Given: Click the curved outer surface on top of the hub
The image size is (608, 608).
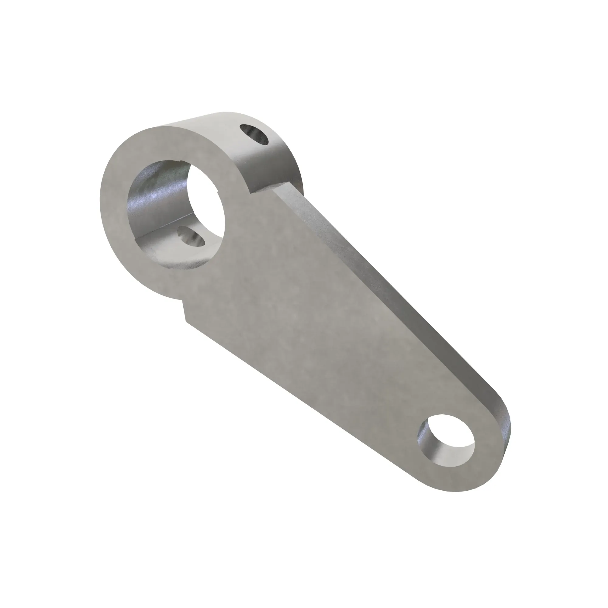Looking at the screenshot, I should [x=214, y=126].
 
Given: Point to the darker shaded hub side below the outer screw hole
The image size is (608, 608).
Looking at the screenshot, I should [x=271, y=167].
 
